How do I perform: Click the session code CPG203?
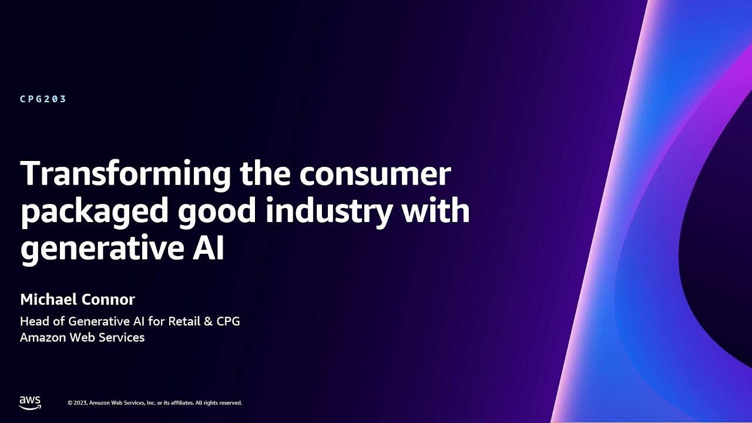point(43,99)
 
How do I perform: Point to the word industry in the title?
point(328,211)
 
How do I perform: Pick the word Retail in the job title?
point(185,321)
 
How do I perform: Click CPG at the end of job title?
point(229,321)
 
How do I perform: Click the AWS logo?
point(30,402)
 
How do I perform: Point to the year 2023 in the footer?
point(80,403)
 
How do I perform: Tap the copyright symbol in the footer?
point(69,403)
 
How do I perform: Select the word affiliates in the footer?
point(181,403)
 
